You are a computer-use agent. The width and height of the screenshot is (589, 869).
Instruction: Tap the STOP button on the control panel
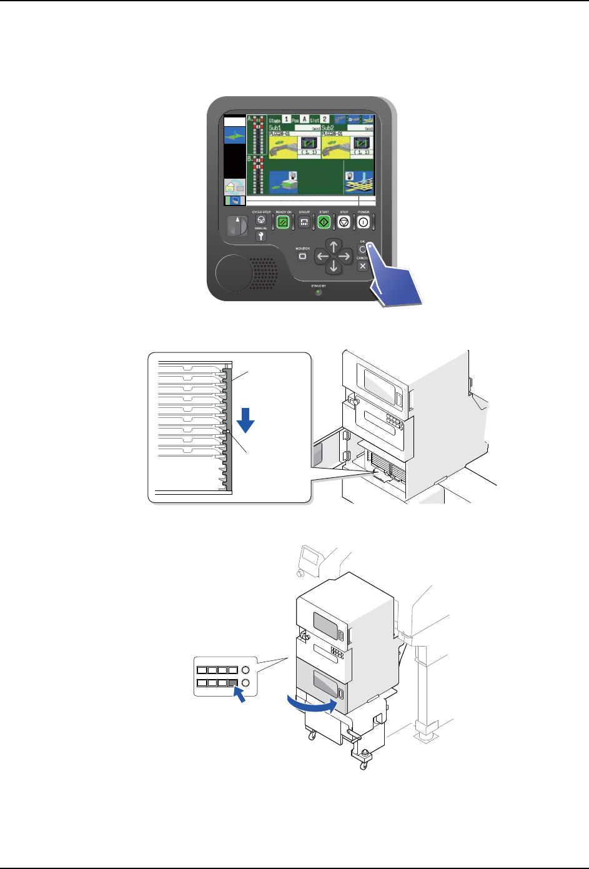pos(344,222)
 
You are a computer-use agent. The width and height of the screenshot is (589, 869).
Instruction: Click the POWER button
pos(364,222)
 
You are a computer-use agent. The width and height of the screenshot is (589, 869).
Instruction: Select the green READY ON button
pos(283,222)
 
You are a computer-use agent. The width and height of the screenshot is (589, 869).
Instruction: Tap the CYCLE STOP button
pos(261,221)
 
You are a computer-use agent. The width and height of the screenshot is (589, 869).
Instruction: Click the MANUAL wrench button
pos(261,237)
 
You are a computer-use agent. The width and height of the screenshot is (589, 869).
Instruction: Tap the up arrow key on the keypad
pos(334,246)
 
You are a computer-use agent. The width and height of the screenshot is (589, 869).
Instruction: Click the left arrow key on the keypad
pos(322,256)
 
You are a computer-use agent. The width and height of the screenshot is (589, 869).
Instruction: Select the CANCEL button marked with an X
pos(362,266)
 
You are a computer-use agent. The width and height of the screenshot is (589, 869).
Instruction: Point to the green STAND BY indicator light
pos(319,292)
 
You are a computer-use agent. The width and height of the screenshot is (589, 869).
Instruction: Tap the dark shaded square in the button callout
pos(234,683)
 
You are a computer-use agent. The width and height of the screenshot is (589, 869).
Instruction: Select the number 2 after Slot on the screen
pos(325,119)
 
